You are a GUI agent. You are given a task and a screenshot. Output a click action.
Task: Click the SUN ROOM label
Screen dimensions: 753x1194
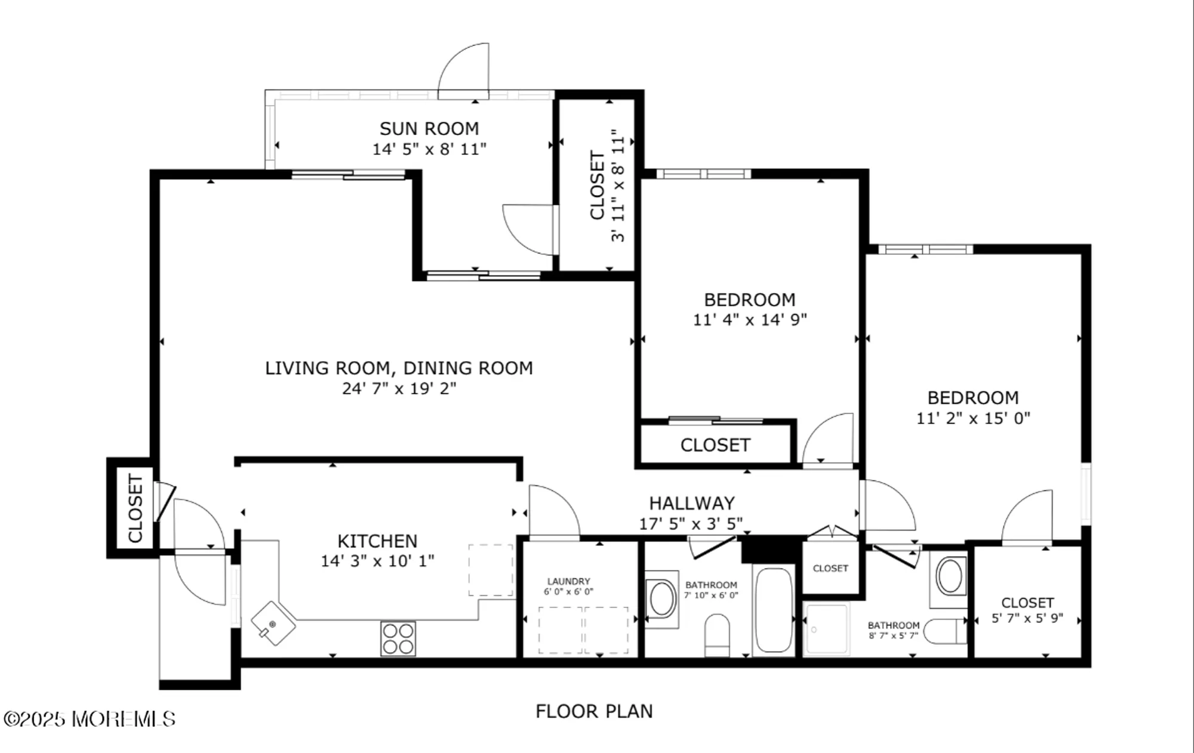pos(429,128)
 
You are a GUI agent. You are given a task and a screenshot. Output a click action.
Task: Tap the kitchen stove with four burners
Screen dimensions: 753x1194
pos(398,638)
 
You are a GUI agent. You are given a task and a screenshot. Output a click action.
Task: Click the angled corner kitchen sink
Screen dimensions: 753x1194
pos(273,624)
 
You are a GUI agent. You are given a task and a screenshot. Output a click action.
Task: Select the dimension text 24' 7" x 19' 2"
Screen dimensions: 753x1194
pos(399,388)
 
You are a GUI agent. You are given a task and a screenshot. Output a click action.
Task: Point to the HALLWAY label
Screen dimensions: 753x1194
pos(691,503)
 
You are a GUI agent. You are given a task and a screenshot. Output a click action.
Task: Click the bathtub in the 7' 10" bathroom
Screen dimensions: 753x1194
pos(773,610)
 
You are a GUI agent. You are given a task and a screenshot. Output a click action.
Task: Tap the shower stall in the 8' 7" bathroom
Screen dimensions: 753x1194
pos(826,629)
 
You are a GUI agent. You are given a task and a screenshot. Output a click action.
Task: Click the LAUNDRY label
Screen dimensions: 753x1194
pos(568,581)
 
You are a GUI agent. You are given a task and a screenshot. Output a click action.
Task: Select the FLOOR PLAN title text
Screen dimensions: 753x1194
pos(594,711)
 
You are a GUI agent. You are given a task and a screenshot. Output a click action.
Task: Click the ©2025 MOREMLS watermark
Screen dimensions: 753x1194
pos(90,719)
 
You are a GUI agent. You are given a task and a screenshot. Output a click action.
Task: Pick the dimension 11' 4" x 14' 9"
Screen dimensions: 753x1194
pos(749,320)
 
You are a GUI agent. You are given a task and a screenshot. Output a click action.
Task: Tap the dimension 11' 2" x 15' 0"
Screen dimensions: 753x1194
pos(973,418)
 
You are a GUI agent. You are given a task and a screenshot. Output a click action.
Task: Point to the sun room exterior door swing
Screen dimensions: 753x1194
pos(463,70)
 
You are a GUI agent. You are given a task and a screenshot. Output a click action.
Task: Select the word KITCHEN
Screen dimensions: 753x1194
pos(377,541)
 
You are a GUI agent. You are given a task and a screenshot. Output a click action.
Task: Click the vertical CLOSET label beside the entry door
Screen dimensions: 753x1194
pos(136,508)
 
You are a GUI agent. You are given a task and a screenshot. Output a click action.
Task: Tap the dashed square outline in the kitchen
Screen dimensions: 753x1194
pos(491,570)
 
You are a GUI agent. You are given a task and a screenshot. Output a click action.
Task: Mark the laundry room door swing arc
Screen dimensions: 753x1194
pos(555,510)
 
